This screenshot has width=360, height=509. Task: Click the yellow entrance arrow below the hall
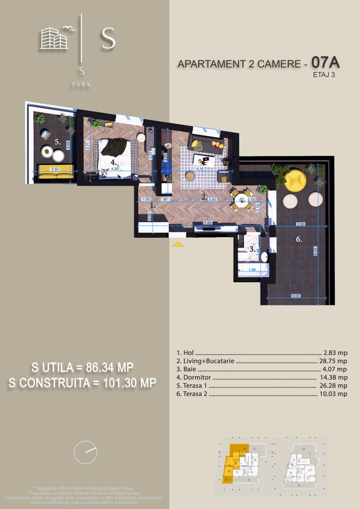(x=178, y=244)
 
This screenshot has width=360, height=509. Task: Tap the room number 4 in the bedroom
(x=114, y=163)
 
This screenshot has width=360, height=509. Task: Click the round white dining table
(x=242, y=199)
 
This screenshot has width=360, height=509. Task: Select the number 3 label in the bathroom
(x=252, y=249)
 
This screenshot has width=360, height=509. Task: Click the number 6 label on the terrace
(x=299, y=239)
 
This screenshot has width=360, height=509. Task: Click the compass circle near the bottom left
(x=85, y=452)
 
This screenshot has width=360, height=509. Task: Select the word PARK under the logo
(x=82, y=85)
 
